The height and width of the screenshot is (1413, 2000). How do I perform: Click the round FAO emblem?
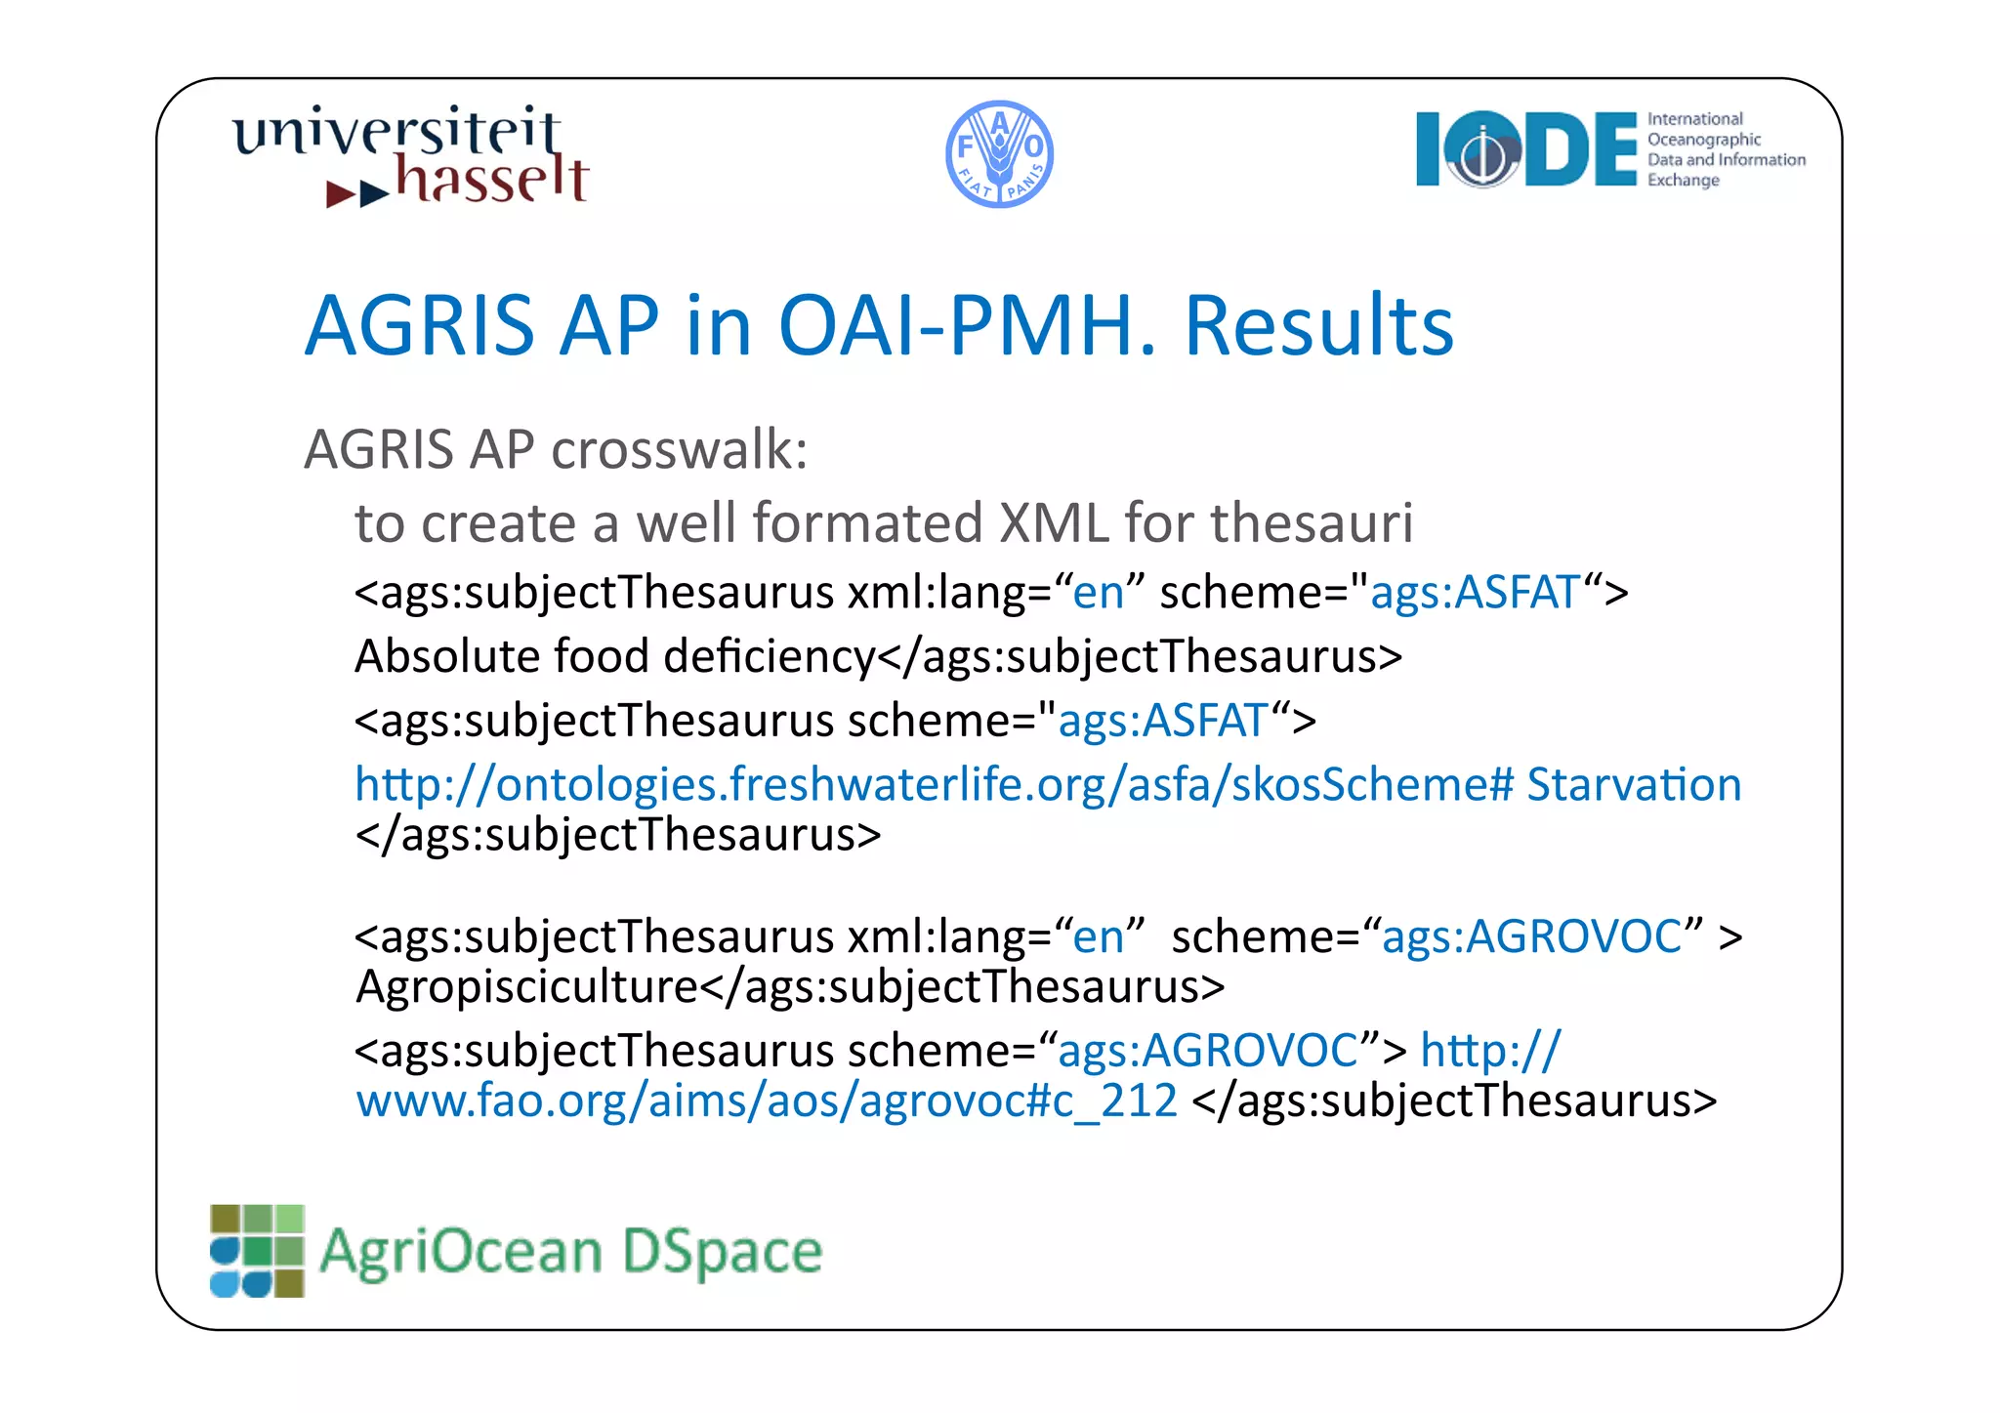coord(999,154)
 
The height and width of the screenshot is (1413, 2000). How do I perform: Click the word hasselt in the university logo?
coord(492,180)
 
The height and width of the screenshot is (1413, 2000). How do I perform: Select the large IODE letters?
coord(1525,149)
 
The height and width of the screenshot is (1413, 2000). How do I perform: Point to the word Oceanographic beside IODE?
coord(1704,140)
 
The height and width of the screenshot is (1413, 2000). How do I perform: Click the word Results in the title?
coord(1318,325)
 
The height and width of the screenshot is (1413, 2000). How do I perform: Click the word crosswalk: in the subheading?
coord(680,450)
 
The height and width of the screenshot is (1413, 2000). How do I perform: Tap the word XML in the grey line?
coord(1054,522)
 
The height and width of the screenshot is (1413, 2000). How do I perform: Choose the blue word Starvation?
coord(1634,784)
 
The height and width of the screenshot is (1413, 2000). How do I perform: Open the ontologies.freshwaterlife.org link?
coord(933,784)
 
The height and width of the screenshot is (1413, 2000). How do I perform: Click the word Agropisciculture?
coord(526,986)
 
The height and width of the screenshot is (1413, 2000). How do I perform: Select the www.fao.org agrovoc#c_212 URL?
coord(767,1101)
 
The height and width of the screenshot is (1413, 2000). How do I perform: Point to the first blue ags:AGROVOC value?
coord(1531,936)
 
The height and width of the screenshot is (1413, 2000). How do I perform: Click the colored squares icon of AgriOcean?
coord(257,1251)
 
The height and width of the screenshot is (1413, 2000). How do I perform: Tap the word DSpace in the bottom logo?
coord(722,1252)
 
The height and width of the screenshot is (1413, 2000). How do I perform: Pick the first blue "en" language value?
coord(1098,593)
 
